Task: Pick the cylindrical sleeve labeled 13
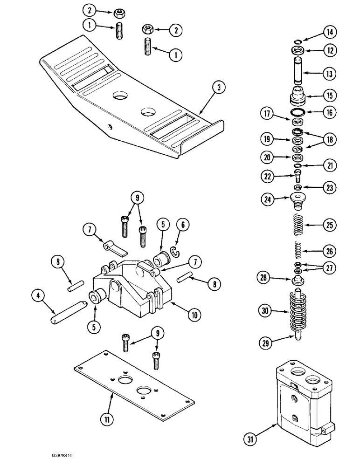coord(297,73)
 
